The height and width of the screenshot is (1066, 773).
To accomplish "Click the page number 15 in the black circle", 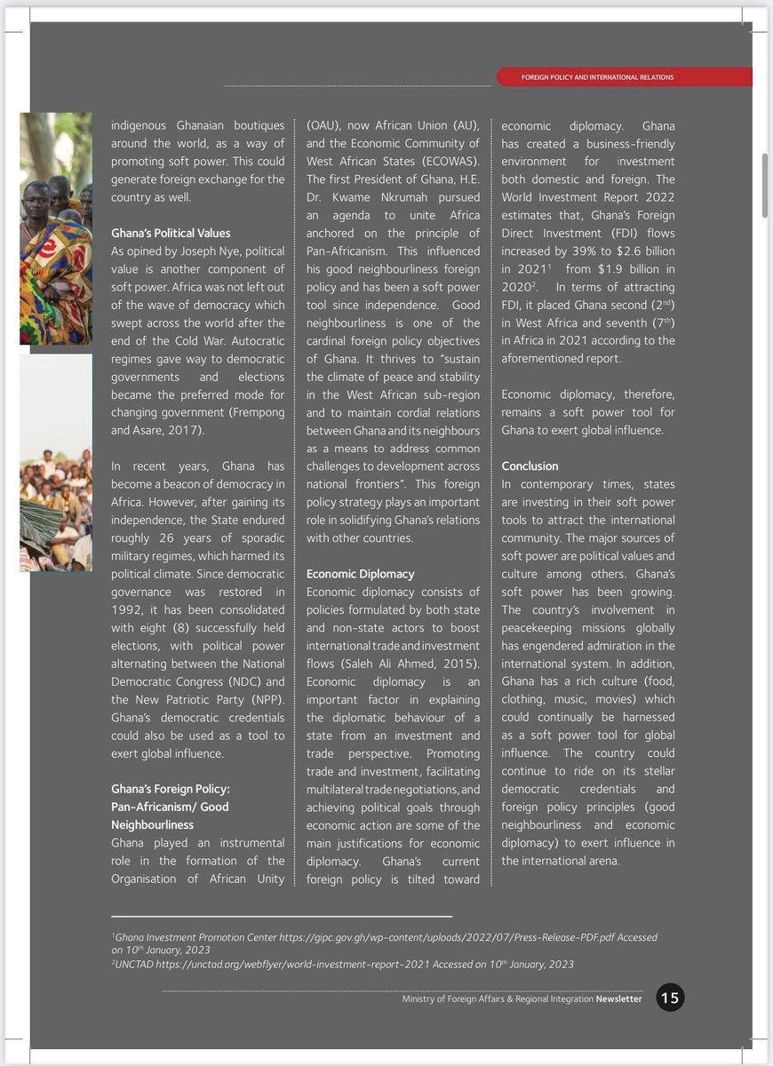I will coord(670,998).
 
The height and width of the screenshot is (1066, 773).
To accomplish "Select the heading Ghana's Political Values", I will coord(171,233).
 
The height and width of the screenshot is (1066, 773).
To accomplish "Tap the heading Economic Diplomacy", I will coord(360,574).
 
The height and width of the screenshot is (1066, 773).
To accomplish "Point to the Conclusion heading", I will coord(530,465).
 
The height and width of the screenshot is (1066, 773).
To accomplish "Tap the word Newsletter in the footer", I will coord(618,998).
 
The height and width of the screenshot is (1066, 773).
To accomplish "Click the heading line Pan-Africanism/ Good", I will coord(170,807).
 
